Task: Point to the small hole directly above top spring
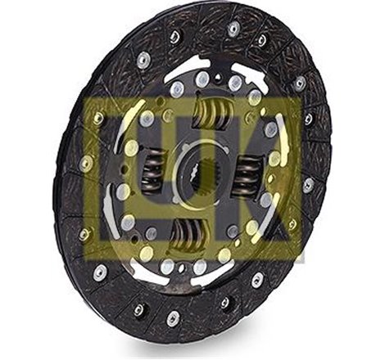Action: (x=202, y=78)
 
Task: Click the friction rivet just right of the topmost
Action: (x=262, y=39)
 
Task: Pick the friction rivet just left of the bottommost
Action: (x=138, y=309)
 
